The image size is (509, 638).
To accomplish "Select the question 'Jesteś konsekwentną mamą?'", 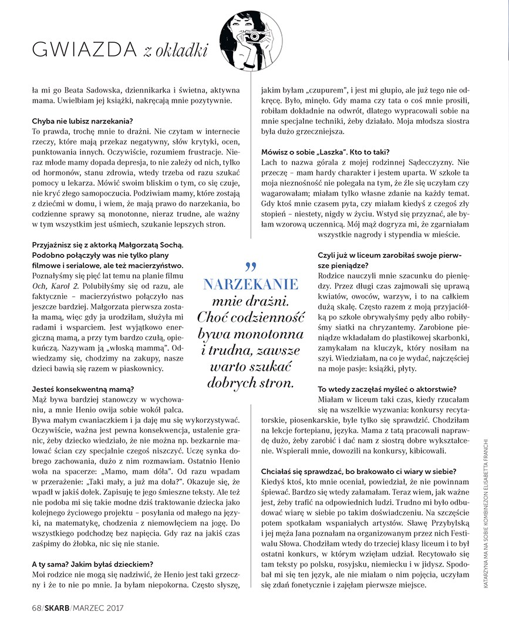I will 83,388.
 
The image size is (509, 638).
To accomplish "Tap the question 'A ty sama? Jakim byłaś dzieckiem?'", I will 97,563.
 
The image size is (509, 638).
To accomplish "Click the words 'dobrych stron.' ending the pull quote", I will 250,383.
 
